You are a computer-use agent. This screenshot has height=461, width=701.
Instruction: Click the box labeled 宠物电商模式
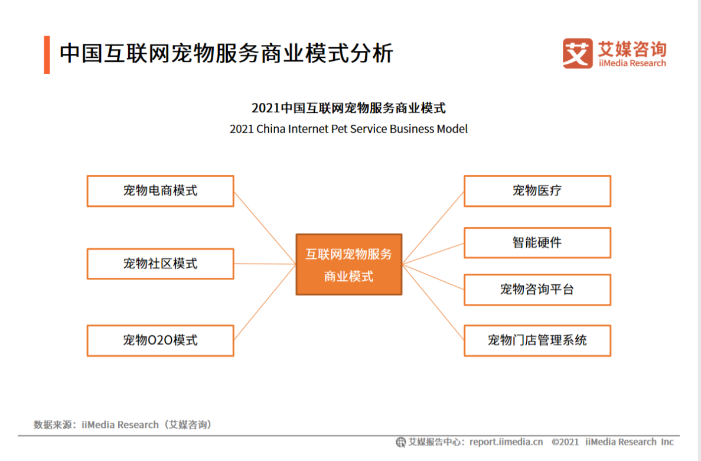[160, 191]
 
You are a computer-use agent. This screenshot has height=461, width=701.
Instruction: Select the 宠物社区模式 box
[160, 264]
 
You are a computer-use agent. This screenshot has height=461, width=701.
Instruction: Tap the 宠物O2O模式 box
[160, 340]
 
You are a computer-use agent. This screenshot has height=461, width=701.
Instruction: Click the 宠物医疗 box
[537, 191]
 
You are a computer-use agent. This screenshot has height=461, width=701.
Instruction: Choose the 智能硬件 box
[537, 242]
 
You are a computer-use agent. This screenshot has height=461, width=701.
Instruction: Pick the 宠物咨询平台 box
[537, 290]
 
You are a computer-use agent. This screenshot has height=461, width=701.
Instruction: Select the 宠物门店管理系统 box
[537, 340]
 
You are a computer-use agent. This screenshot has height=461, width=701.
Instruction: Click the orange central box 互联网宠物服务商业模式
[348, 264]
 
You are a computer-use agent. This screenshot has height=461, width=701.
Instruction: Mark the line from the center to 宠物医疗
[433, 227]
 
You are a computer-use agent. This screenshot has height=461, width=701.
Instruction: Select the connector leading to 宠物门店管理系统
[433, 302]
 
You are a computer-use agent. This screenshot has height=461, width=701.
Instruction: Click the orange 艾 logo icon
[577, 53]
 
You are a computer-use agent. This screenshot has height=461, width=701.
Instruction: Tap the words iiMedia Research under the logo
[632, 63]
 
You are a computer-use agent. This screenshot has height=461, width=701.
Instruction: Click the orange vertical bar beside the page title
[47, 54]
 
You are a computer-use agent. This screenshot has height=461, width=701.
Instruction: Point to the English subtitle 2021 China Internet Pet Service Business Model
[348, 129]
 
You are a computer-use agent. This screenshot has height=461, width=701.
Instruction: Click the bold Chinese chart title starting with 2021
[348, 108]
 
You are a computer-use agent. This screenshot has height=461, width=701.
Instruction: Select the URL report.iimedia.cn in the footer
[506, 441]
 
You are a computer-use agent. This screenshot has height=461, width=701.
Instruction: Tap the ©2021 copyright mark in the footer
[565, 441]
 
